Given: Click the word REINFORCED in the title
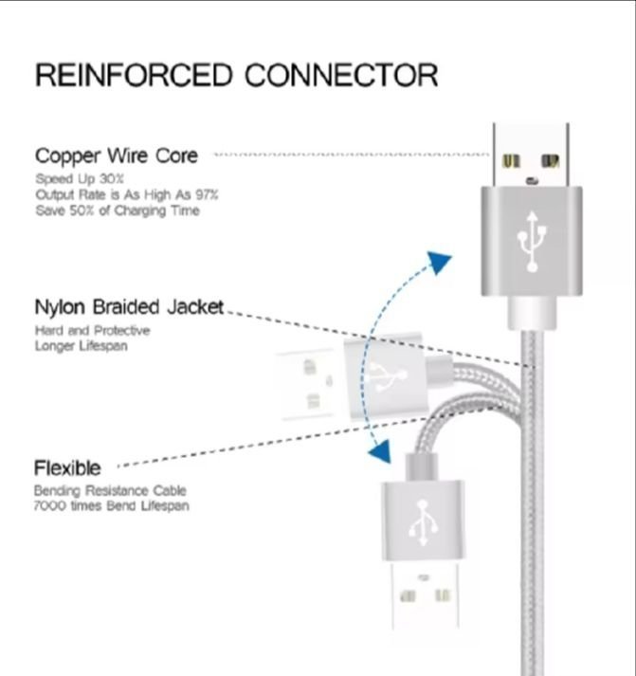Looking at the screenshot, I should (x=134, y=75).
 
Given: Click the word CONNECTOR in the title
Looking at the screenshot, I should (x=342, y=75).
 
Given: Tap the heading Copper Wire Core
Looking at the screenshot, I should (x=117, y=155).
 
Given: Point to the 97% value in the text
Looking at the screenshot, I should (x=206, y=194).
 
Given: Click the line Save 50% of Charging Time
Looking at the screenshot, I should (x=118, y=210).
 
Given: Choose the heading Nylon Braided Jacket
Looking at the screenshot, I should (x=129, y=307).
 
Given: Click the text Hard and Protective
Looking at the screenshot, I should (x=92, y=331).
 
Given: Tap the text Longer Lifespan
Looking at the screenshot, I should (x=82, y=346).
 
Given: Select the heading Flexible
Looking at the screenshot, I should (x=67, y=467).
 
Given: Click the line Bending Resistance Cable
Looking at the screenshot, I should (x=110, y=491).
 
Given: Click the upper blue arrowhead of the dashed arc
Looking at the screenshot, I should (x=438, y=263).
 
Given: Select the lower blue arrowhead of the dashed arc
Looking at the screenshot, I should (x=379, y=451).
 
